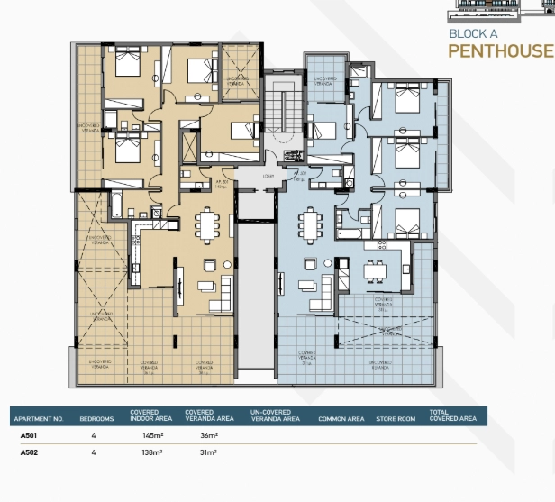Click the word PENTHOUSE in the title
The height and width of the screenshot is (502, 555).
(x=500, y=50)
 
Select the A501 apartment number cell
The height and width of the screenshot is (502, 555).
(x=29, y=435)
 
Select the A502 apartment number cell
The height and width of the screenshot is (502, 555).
(x=29, y=452)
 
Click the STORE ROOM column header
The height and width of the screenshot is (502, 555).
(x=396, y=419)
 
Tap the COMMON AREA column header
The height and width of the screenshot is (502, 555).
(x=341, y=419)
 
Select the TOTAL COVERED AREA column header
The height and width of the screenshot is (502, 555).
(x=452, y=416)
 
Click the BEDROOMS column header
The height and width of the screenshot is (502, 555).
(x=96, y=419)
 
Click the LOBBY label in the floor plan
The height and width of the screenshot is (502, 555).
(x=268, y=177)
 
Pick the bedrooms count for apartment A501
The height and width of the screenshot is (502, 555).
(x=93, y=435)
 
